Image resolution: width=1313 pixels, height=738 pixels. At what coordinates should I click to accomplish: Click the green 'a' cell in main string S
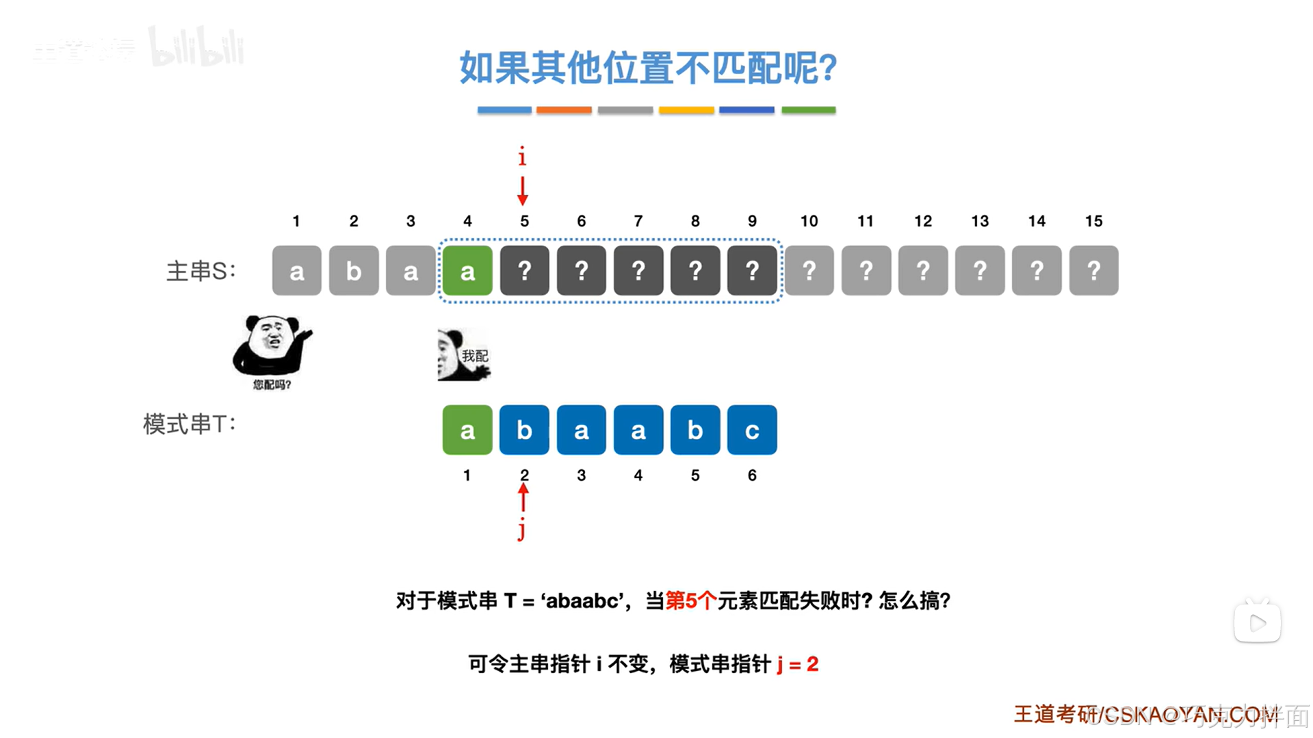point(467,271)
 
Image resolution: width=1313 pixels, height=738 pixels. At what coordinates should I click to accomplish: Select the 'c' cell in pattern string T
point(752,430)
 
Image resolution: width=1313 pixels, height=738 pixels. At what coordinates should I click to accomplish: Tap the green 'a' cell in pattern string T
point(467,430)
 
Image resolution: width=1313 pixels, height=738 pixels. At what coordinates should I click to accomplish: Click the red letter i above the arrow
point(522,157)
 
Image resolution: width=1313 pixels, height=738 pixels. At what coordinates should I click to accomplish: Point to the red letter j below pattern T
point(522,529)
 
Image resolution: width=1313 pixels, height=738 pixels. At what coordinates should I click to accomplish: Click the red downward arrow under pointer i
point(523,191)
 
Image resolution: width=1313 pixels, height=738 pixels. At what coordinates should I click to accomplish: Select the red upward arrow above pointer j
point(523,498)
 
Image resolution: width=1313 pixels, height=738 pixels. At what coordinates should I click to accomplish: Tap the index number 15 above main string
point(1093,221)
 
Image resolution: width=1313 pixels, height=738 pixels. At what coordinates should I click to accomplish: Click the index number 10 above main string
point(809,221)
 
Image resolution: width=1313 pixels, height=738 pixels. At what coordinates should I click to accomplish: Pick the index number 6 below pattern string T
point(752,475)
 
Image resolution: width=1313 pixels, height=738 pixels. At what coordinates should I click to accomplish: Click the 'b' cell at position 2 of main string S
point(354,271)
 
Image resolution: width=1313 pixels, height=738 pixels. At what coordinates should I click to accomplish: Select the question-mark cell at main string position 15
point(1093,271)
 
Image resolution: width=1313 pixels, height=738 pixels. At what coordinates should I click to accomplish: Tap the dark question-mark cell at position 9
point(752,271)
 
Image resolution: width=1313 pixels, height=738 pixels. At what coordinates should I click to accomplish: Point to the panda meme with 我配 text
point(464,355)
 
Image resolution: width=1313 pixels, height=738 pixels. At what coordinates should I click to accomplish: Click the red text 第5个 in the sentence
point(690,601)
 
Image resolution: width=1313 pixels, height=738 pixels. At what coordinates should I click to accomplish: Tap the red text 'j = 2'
point(798,663)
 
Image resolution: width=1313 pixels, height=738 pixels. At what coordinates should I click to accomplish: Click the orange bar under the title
point(564,109)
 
